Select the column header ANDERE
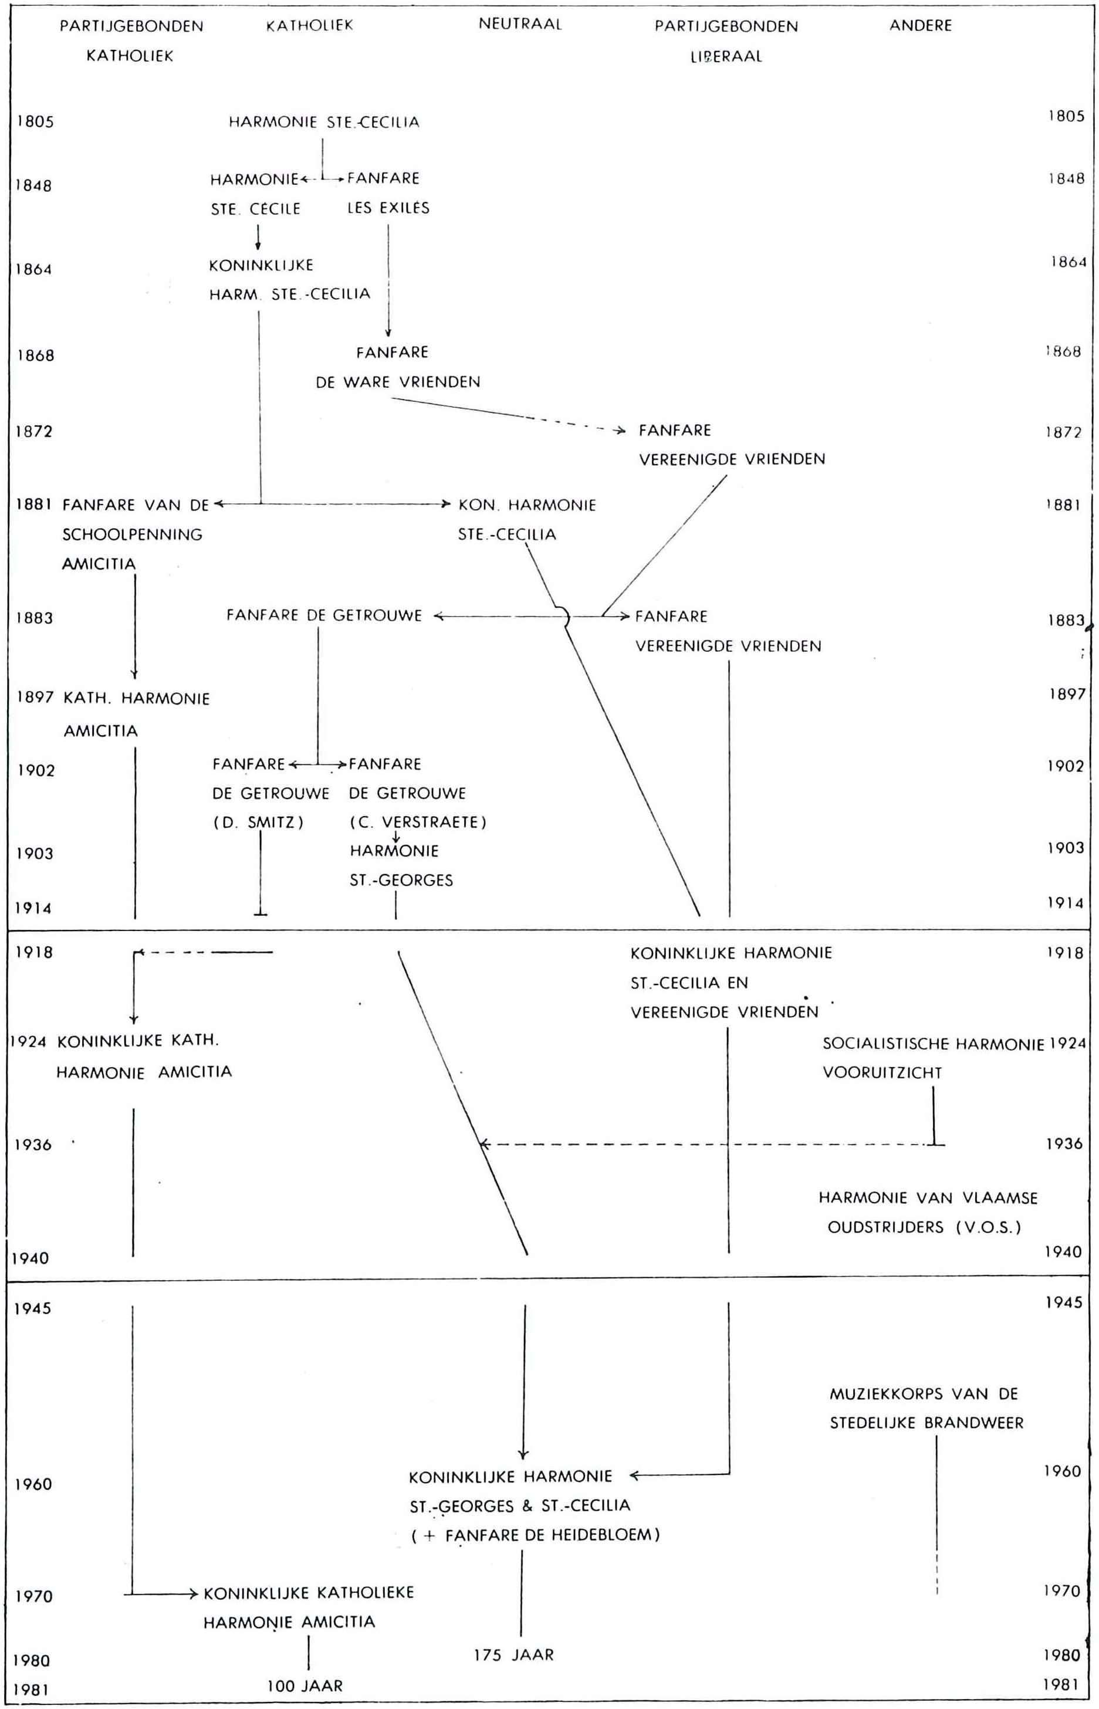pos(920,26)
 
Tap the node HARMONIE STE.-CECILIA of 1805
pos(324,122)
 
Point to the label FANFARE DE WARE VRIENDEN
pos(397,367)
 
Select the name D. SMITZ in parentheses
pos(258,822)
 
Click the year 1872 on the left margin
pos(34,432)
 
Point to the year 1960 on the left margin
pos(33,1484)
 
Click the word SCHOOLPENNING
pos(132,534)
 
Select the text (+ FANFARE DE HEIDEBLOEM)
pos(535,1535)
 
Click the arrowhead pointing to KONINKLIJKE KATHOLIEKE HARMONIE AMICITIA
pos(192,1594)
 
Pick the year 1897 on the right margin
pos(1066,693)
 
